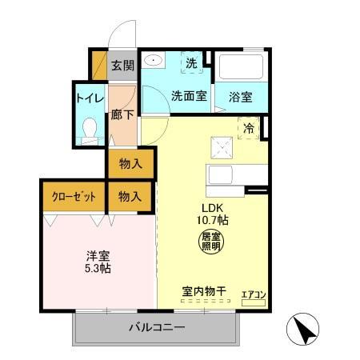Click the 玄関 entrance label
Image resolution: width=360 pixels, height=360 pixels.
point(122,66)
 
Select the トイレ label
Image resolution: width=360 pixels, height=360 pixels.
point(88,99)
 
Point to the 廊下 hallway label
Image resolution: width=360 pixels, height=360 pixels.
point(122,115)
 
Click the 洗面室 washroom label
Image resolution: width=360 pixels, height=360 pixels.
point(188,96)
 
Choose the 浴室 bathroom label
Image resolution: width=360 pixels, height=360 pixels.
point(241,97)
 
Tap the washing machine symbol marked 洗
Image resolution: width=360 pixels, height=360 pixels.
point(192,62)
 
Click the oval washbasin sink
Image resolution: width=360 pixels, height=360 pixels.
point(153,61)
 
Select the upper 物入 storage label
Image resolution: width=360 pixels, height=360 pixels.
point(130,164)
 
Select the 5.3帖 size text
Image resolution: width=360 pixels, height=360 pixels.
point(98,268)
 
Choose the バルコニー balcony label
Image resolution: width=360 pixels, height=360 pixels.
point(158,328)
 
